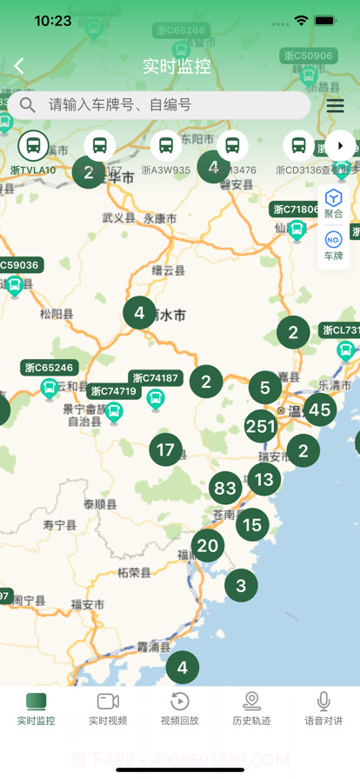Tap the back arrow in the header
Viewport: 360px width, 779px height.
[19, 66]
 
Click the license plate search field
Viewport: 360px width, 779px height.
[165, 105]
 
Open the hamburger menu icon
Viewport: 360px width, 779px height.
[335, 105]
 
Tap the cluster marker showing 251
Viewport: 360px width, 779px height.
[261, 426]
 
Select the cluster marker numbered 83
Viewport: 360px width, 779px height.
[225, 488]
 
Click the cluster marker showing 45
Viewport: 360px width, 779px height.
[320, 409]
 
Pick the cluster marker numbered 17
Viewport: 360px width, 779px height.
[165, 450]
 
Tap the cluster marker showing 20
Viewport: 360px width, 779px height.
[208, 546]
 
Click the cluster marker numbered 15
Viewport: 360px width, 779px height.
[252, 525]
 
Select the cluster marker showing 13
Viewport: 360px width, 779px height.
[263, 479]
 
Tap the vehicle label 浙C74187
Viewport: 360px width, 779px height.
[156, 378]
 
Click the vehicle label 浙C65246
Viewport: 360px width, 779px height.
[50, 368]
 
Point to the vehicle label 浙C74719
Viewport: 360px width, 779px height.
[114, 391]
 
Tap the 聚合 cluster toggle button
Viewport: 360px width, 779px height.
[333, 204]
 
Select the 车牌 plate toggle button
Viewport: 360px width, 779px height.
[333, 246]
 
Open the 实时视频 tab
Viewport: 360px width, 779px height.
[108, 709]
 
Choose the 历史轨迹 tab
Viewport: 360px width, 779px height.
[251, 709]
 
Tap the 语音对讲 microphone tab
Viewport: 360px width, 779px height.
[323, 709]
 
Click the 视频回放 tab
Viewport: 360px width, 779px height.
[179, 709]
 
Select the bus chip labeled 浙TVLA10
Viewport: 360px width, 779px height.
[33, 152]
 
